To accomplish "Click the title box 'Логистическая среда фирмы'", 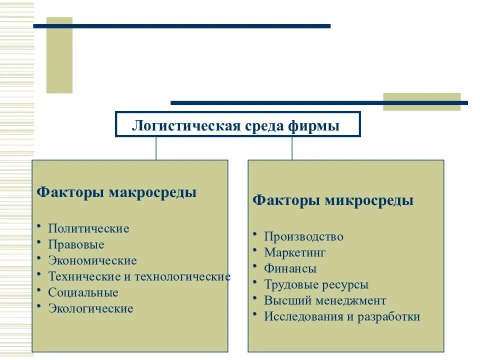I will (x=237, y=124).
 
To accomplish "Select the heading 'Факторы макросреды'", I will (x=117, y=192).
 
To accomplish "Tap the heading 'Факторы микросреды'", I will (x=333, y=200).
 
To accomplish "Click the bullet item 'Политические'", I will (x=88, y=228).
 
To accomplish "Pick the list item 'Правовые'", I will (x=76, y=244).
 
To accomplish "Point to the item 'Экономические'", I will (x=92, y=260).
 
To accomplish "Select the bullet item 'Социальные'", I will (x=83, y=292).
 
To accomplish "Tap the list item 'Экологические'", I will (x=90, y=308).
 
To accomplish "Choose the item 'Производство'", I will (x=303, y=236).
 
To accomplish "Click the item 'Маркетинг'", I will (x=295, y=252).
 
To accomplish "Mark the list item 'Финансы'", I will (x=290, y=268).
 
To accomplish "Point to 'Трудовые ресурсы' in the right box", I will (x=316, y=284).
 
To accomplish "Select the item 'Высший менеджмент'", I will (x=325, y=300).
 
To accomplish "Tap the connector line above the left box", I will (x=156, y=148).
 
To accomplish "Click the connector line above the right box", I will (x=292, y=148).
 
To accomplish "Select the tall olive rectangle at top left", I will (x=59, y=55).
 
